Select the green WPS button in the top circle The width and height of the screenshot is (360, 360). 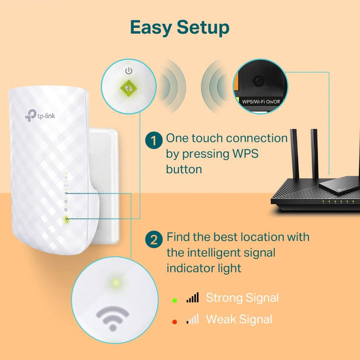pyautogui.click(x=129, y=87)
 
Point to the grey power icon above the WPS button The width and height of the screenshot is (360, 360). pyautogui.click(x=129, y=70)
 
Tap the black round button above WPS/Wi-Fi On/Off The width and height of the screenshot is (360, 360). pyautogui.click(x=258, y=80)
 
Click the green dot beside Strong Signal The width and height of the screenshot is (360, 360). pyautogui.click(x=174, y=299)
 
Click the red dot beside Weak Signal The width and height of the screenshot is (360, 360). pyautogui.click(x=174, y=320)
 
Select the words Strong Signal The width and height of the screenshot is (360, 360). pyautogui.click(x=242, y=298)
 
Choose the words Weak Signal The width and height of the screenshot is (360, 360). pyautogui.click(x=239, y=319)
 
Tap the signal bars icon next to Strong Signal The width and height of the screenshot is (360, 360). pyautogui.click(x=192, y=298)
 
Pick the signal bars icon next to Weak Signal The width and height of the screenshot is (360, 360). pyautogui.click(x=192, y=319)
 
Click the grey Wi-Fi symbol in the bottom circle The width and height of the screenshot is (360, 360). pyautogui.click(x=112, y=316)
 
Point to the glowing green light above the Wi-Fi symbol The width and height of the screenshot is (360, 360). pyautogui.click(x=115, y=283)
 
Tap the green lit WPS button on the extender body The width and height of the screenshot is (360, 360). pyautogui.click(x=66, y=219)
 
